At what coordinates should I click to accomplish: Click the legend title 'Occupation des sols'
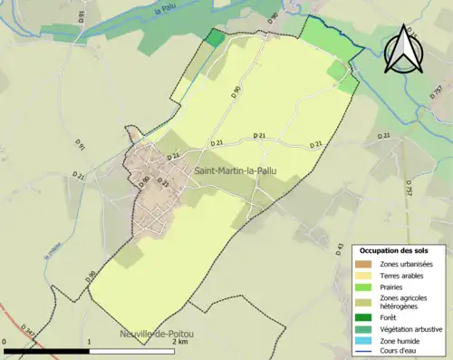(x=400, y=250)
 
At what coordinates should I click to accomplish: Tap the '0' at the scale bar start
(x=5, y=342)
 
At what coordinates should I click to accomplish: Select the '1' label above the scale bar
(x=90, y=342)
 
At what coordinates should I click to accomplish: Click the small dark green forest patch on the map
(x=214, y=37)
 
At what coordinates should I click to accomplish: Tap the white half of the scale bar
(x=132, y=350)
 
